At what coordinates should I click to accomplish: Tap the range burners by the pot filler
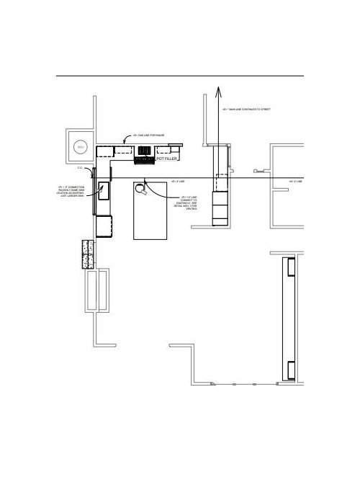pyautogui.click(x=145, y=151)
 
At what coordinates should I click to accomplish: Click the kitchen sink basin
pyautogui.click(x=104, y=191)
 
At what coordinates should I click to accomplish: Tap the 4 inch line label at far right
pyautogui.click(x=295, y=181)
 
